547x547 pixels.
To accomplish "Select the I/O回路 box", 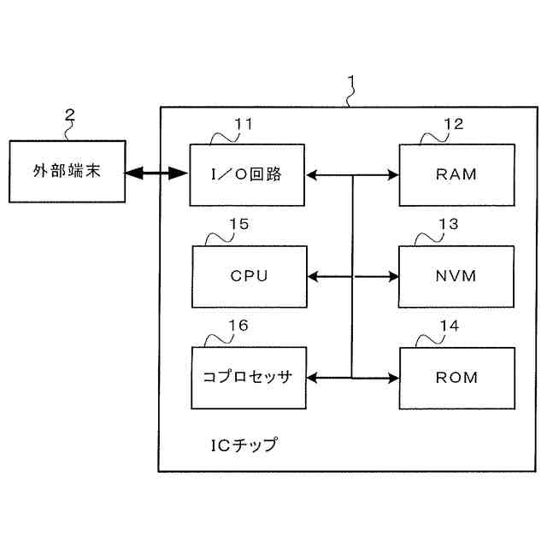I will [x=246, y=175].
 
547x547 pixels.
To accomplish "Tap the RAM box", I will [x=456, y=175].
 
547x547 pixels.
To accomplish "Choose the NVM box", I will [x=456, y=276].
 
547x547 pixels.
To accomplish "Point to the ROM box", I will [x=456, y=376].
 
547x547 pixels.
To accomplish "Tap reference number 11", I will [x=244, y=124].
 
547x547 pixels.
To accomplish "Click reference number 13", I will [x=448, y=224].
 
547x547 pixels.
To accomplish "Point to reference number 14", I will [x=448, y=326].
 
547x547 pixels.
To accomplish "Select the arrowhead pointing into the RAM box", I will [x=394, y=175].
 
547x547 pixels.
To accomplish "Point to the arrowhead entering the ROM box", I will [x=394, y=376].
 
